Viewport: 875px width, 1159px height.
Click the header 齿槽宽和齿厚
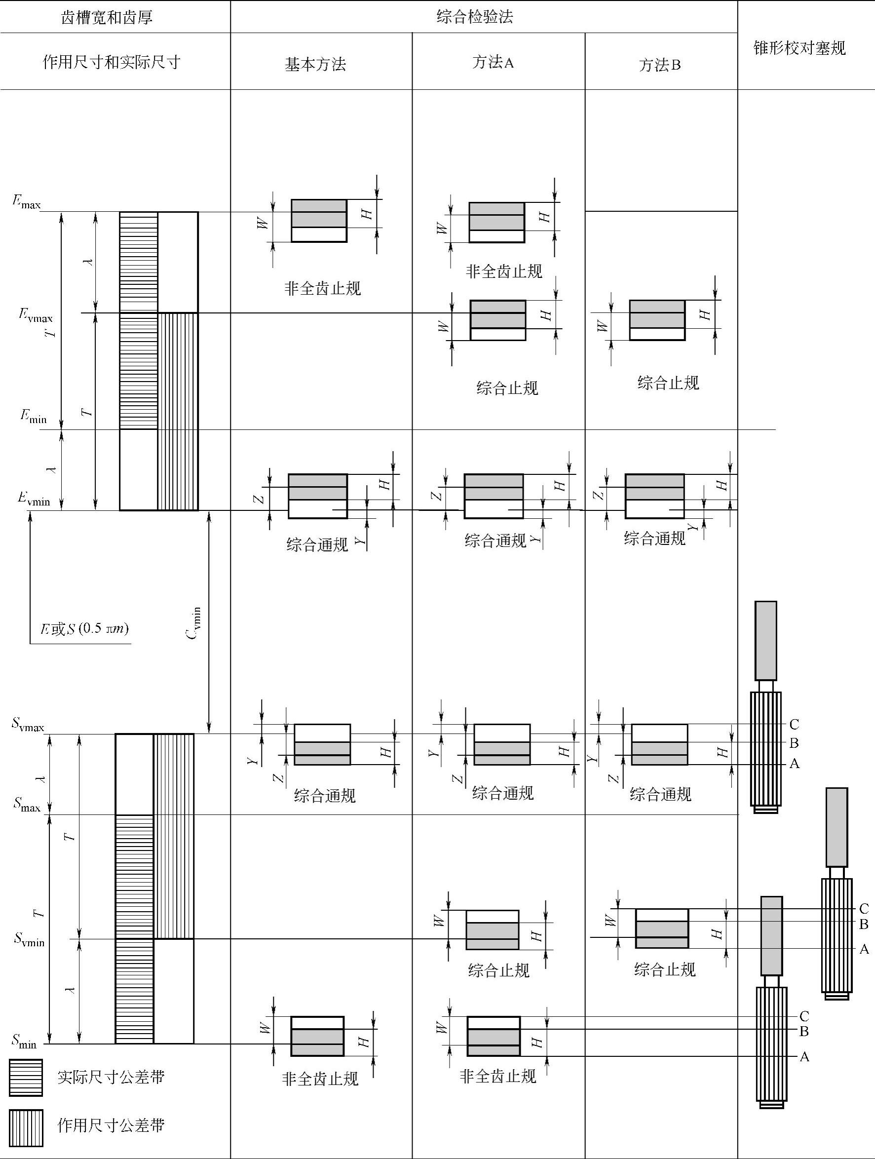click(107, 18)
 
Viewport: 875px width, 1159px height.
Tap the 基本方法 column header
click(315, 65)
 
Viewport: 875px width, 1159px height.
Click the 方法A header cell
click(493, 63)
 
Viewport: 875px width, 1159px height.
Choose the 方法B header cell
click(660, 65)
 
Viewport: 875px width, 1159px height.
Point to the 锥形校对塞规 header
click(799, 48)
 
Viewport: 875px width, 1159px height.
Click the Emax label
click(26, 202)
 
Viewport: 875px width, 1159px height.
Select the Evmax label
click(35, 315)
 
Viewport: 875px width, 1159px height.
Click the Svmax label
click(28, 725)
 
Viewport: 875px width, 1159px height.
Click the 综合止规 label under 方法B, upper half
click(668, 383)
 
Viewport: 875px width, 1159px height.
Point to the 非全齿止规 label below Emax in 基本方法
click(322, 288)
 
